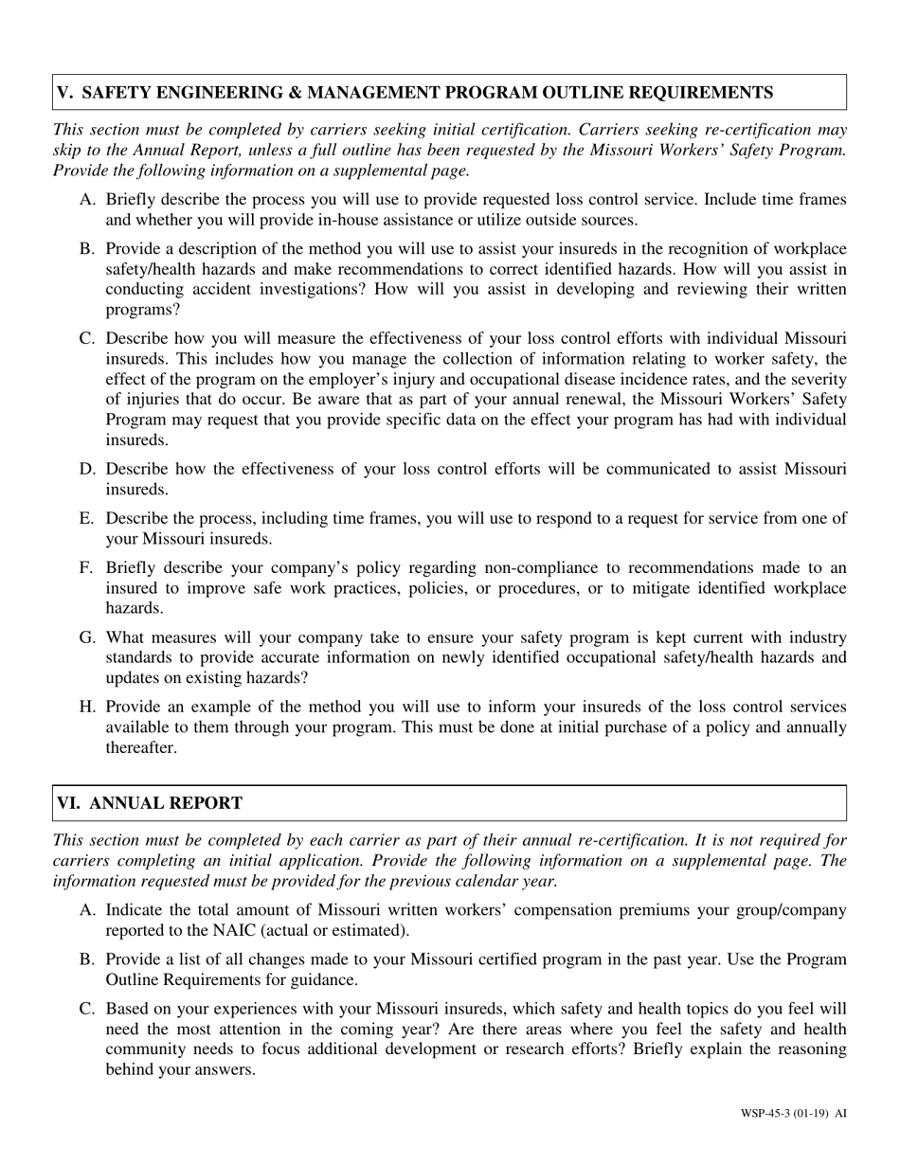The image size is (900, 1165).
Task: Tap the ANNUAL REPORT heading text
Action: (x=166, y=803)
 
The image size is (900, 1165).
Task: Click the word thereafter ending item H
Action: (x=140, y=747)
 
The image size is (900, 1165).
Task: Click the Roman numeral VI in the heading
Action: (x=68, y=803)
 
